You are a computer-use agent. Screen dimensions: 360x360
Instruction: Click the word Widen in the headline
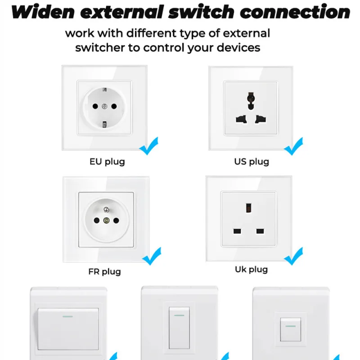point(43,12)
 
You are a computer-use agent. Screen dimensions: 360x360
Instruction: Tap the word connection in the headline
point(295,12)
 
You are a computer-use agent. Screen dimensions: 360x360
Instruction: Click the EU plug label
point(107,162)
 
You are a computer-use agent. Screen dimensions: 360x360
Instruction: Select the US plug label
point(252,162)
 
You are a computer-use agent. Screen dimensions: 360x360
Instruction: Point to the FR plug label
point(105,272)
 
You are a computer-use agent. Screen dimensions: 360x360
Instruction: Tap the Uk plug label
point(252,270)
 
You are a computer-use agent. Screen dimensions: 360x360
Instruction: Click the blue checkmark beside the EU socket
point(149,146)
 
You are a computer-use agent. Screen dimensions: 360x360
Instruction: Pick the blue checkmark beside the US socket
point(294,146)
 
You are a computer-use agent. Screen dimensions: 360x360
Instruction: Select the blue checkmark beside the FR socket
point(152,256)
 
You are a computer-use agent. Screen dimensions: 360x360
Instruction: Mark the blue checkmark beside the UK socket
point(294,256)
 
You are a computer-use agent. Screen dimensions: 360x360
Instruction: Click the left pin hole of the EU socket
point(95,106)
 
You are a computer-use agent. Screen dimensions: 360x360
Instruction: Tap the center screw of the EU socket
point(104,106)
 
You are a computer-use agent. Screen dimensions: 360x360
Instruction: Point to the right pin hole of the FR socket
point(116,220)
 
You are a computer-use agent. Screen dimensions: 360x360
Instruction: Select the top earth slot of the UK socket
point(248,208)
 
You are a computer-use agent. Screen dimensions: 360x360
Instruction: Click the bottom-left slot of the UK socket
point(237,231)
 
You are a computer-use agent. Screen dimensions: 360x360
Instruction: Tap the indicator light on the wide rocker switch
point(68,316)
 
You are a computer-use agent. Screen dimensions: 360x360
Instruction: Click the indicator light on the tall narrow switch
point(179,315)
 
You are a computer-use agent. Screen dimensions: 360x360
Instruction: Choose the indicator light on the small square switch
point(290,326)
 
